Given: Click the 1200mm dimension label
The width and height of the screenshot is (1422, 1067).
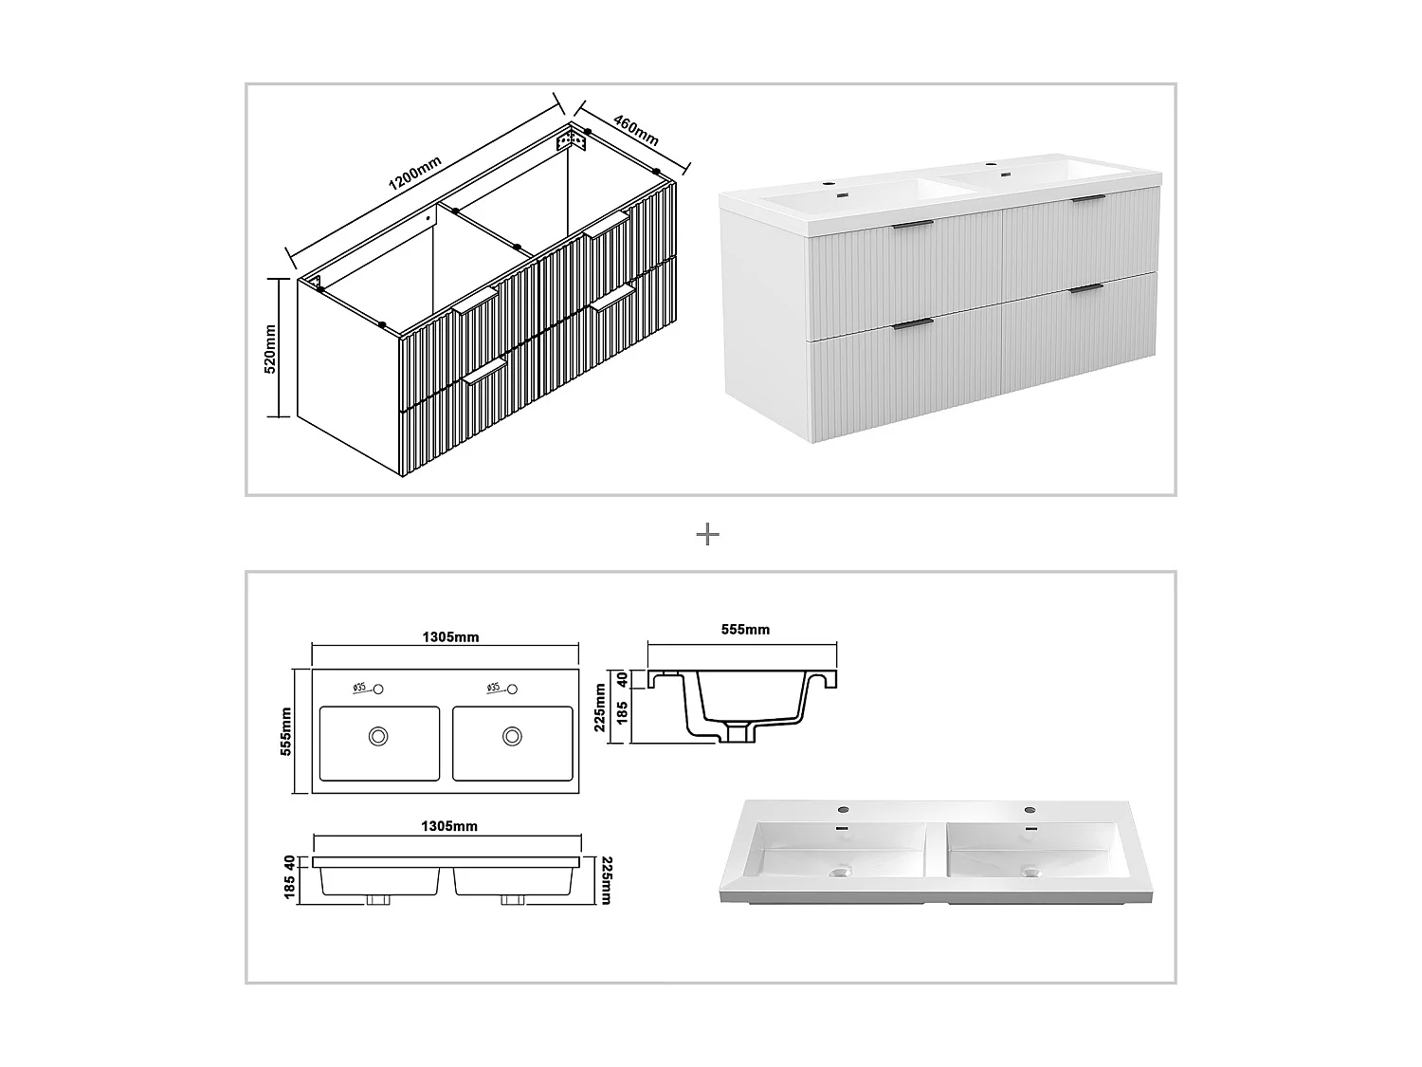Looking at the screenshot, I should pyautogui.click(x=414, y=176).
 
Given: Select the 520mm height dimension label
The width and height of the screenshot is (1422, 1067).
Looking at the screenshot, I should pyautogui.click(x=269, y=348).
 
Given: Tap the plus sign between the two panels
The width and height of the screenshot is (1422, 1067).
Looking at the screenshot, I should pyautogui.click(x=707, y=535).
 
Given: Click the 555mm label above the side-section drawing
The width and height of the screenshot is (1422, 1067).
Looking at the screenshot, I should pyautogui.click(x=745, y=629).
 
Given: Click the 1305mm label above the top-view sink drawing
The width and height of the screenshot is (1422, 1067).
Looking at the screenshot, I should pyautogui.click(x=449, y=636).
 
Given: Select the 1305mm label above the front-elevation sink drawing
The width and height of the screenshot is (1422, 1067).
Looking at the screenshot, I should pyautogui.click(x=449, y=826).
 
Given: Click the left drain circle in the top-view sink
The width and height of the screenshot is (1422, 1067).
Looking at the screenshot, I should pyautogui.click(x=379, y=735).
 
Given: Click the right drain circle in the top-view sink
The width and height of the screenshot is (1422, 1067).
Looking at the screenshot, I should pyautogui.click(x=513, y=735).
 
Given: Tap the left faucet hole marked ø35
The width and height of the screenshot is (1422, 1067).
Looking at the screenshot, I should pyautogui.click(x=378, y=689).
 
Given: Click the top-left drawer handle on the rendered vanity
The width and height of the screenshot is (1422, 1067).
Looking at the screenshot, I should pyautogui.click(x=912, y=225).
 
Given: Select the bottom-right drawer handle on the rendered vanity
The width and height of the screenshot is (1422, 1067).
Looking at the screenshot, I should pyautogui.click(x=1085, y=287).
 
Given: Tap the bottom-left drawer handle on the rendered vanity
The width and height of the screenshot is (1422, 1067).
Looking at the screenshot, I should pyautogui.click(x=912, y=324).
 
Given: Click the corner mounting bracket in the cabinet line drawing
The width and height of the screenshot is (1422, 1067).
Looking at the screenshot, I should pyautogui.click(x=571, y=140).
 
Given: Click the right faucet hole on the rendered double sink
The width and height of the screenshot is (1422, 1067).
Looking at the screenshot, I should pyautogui.click(x=1030, y=810).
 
